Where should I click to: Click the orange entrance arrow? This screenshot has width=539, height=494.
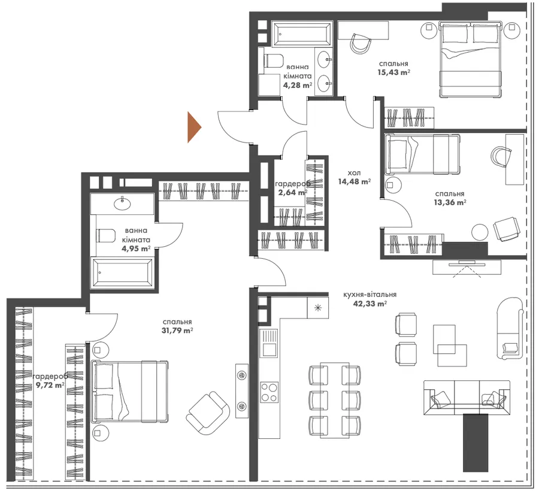pos(193,127)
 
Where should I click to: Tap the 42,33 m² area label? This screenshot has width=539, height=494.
pos(370,304)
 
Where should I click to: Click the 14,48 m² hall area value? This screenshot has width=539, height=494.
pos(355,181)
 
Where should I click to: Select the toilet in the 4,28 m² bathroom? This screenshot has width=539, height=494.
pos(273,61)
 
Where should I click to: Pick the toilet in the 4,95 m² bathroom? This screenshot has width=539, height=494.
pos(106,235)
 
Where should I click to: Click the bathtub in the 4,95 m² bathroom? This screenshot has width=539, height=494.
pos(122,273)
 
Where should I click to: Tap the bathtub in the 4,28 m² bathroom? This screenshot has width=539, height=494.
pos(301,34)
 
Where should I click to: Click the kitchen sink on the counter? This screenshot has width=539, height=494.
pos(269,343)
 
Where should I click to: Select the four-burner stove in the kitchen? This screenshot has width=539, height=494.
pos(269,392)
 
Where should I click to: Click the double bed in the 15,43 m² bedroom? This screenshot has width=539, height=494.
pos(469,59)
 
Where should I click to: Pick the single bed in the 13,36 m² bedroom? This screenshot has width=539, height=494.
pos(422,154)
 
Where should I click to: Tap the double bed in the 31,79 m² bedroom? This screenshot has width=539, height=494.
pos(129,391)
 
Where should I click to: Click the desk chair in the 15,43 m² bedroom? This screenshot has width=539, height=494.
pos(361,43)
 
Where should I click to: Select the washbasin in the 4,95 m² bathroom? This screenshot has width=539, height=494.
pos(122,204)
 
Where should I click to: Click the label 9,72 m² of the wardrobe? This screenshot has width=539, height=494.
pos(50,385)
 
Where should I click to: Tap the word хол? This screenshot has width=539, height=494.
pos(354,172)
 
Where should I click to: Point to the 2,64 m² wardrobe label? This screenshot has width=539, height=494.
pos(293,193)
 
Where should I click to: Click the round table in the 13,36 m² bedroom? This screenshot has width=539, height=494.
pos(480,232)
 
